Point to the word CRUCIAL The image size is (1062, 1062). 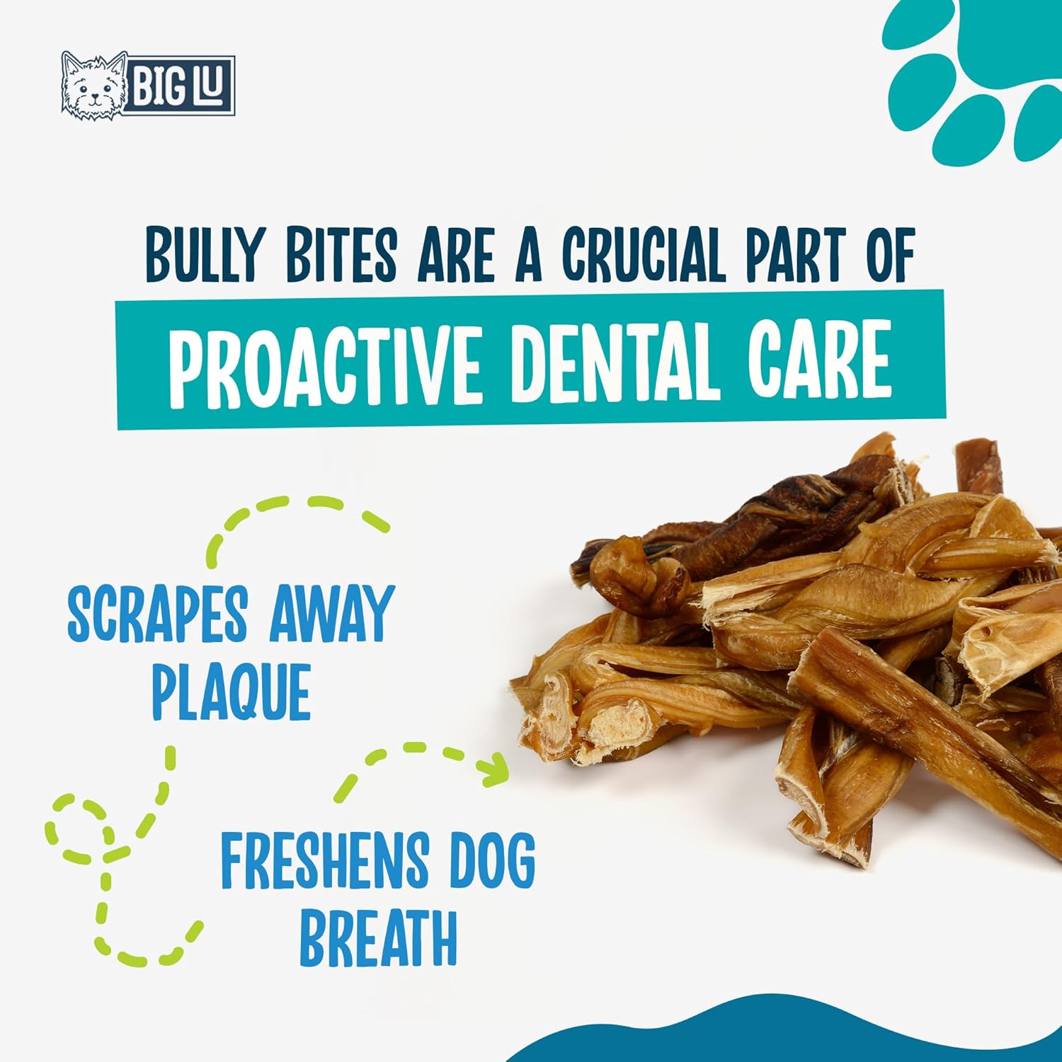click(x=645, y=253)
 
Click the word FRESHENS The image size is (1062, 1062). click(x=325, y=861)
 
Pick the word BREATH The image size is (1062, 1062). click(x=378, y=937)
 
